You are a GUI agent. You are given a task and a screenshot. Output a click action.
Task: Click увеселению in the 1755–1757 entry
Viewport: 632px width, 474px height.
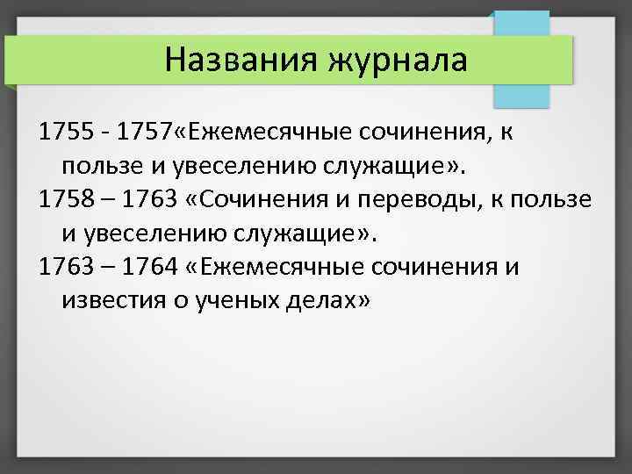[222, 166]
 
